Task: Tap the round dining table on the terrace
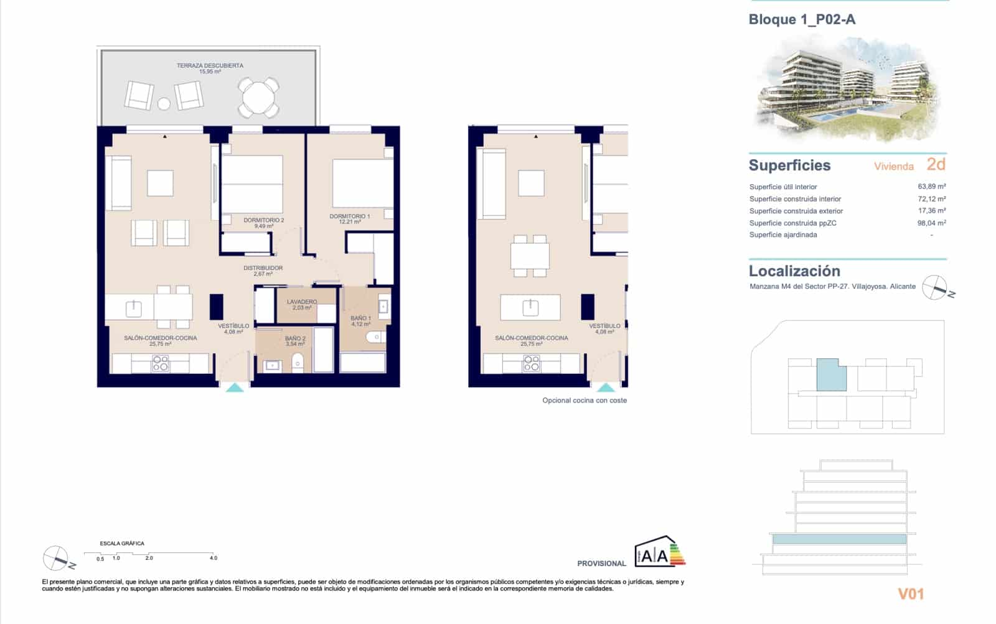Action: [260, 98]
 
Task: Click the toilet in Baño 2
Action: [298, 361]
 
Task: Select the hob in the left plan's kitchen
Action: [161, 363]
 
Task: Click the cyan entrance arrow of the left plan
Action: [235, 388]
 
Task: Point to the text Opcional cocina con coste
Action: [584, 401]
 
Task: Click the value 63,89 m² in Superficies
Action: [931, 187]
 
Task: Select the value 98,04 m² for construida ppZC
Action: [931, 223]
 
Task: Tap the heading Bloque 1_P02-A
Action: [802, 19]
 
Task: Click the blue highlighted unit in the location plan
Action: [830, 375]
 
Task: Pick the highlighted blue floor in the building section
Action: [839, 539]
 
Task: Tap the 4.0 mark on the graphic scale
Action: [214, 558]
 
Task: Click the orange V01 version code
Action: [911, 594]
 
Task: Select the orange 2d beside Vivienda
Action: [936, 164]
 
